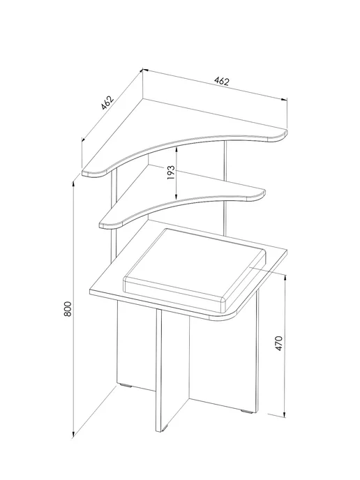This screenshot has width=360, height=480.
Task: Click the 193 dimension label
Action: click(x=171, y=172)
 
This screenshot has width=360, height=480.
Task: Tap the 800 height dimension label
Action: click(x=68, y=309)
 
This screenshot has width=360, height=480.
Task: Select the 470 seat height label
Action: click(x=279, y=343)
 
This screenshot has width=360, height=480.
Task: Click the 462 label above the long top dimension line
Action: click(x=222, y=81)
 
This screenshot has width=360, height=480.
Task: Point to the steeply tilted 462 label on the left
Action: click(x=107, y=103)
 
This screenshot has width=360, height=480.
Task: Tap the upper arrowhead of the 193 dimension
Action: click(x=177, y=150)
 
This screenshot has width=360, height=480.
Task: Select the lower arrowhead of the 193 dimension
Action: click(x=177, y=197)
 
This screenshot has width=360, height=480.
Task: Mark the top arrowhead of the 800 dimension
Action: click(x=73, y=185)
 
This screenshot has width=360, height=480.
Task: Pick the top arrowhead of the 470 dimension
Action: click(x=285, y=278)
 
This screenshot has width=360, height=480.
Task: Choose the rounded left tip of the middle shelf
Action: click(x=103, y=224)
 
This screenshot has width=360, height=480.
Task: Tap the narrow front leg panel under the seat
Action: click(x=158, y=370)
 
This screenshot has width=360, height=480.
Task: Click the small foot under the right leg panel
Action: click(x=248, y=411)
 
